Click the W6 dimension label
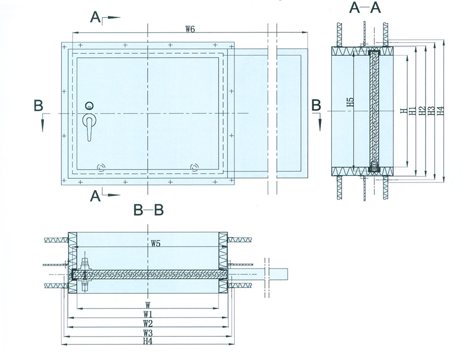(190, 29)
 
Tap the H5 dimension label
(350, 105)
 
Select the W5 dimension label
(156, 244)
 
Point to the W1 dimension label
(148, 315)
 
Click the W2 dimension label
(148, 324)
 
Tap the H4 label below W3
(148, 341)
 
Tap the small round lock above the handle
(89, 105)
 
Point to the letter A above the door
(95, 18)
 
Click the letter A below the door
(95, 196)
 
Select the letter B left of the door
(38, 106)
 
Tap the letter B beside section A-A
(316, 105)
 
